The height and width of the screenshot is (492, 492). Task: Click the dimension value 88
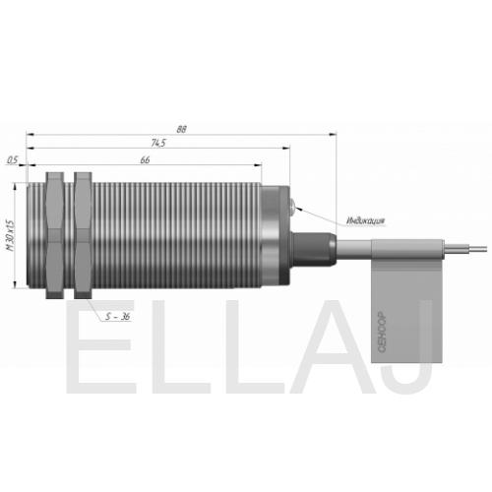click(181, 129)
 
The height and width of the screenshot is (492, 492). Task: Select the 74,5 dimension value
click(158, 143)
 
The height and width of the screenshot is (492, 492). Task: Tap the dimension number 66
click(145, 159)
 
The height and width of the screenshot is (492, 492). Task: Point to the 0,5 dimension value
click(12, 160)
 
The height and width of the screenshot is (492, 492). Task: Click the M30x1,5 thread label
click(11, 235)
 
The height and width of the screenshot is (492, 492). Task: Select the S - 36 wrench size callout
click(118, 317)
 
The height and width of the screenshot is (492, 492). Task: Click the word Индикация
click(366, 221)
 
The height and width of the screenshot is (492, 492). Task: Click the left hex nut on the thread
click(55, 235)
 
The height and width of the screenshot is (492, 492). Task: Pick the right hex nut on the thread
click(83, 235)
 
